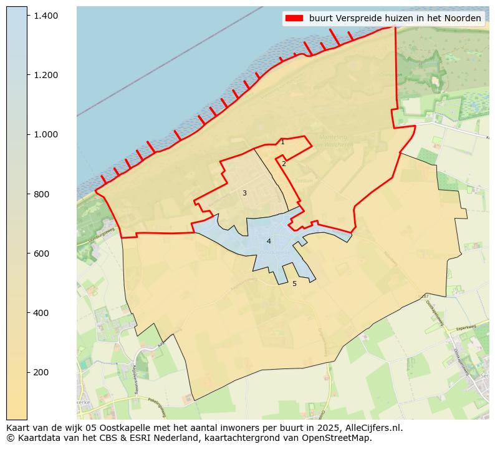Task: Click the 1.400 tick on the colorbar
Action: coord(46,15)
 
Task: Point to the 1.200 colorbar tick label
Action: coord(46,75)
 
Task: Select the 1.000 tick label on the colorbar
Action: coord(46,134)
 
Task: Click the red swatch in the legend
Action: coord(294,18)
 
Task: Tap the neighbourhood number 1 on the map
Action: coord(282,142)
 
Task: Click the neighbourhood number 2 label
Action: coord(284,164)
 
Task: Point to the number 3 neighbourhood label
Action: coord(244,193)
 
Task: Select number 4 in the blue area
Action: coord(269,241)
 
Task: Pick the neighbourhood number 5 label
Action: coord(294,284)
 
